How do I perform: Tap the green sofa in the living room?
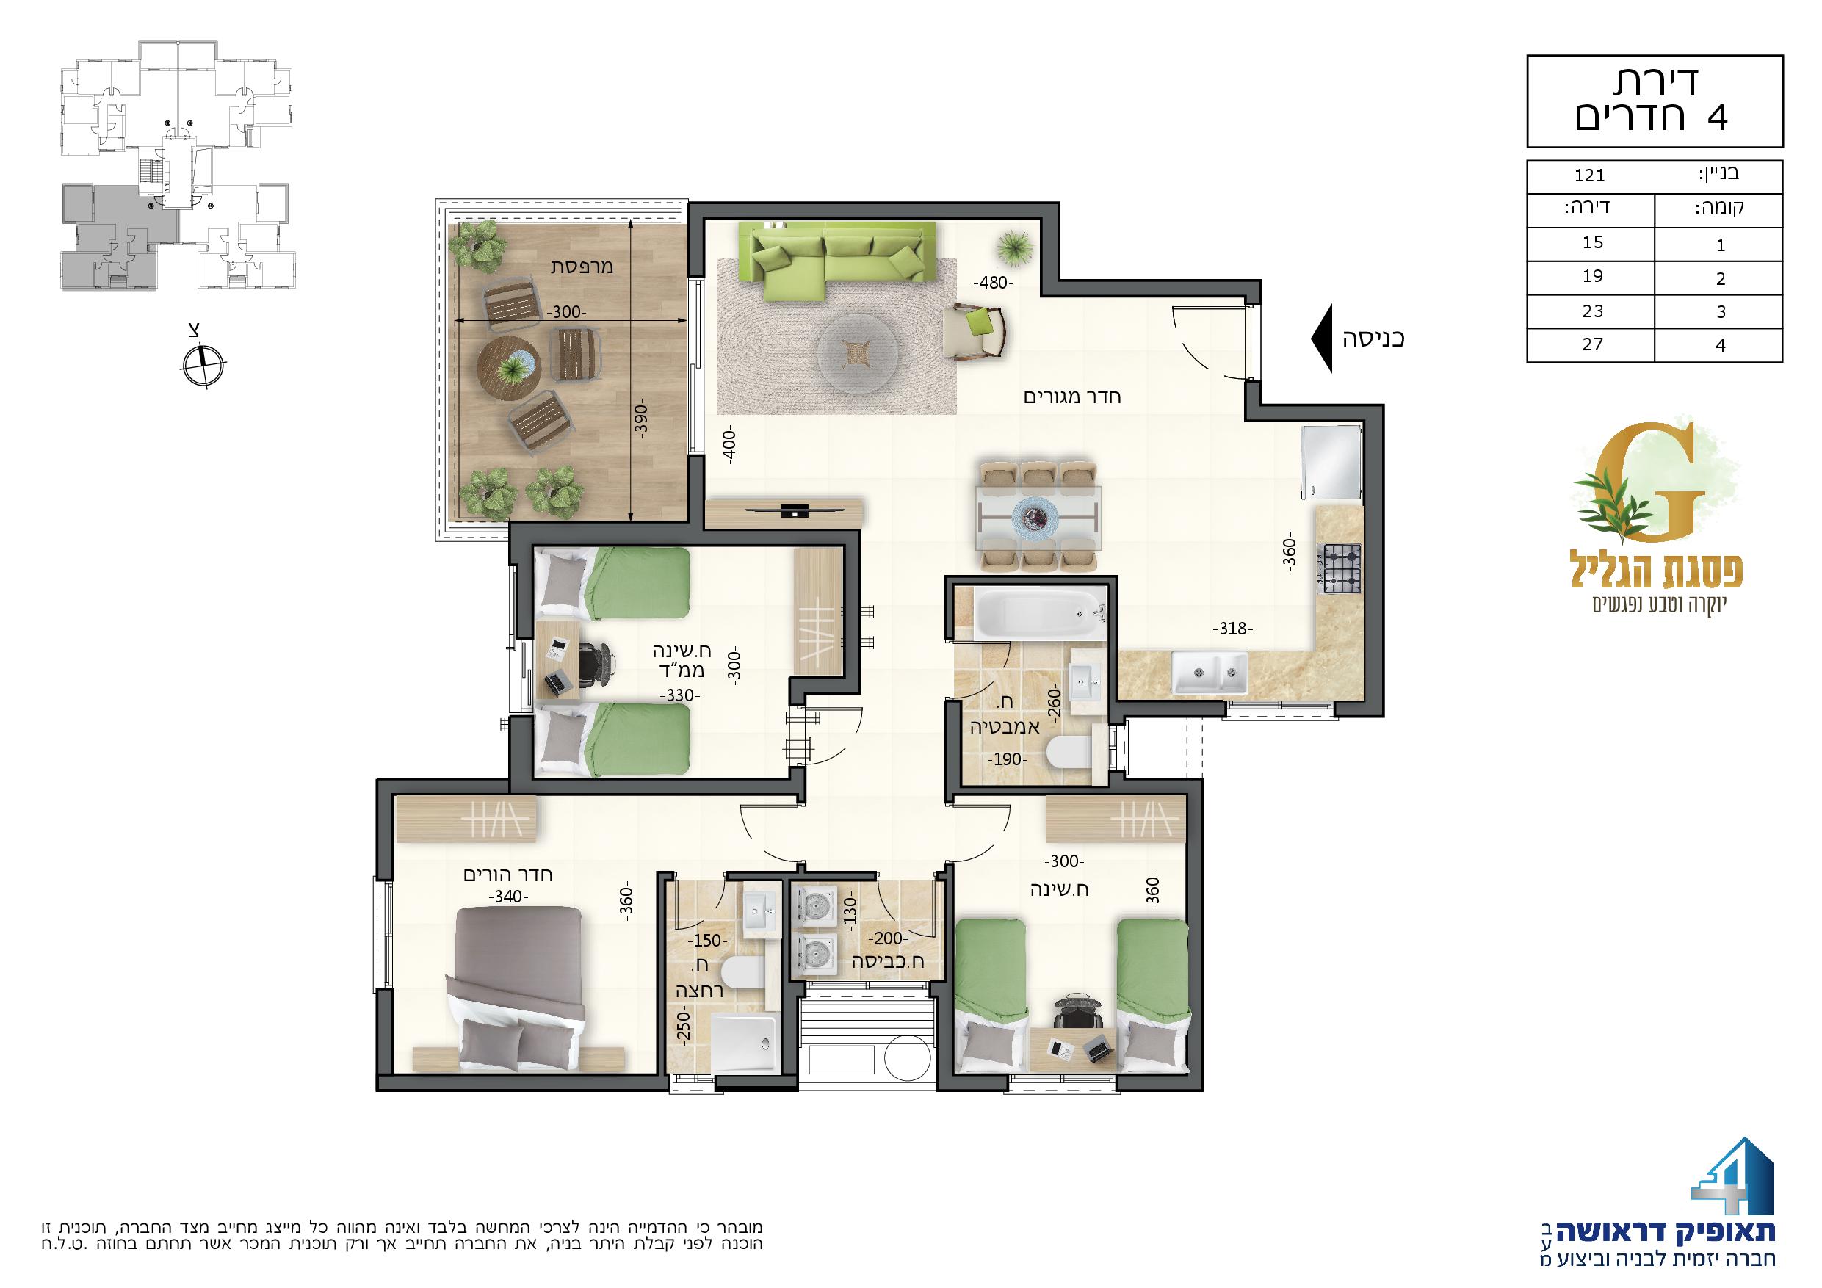click(836, 253)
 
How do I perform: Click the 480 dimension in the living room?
click(994, 283)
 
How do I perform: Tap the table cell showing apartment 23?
click(1592, 311)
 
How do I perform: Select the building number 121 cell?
click(1589, 176)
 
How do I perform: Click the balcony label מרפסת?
click(582, 265)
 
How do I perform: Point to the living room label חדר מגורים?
click(1072, 396)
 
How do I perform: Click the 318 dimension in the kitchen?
click(1232, 629)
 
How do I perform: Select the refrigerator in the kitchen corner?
click(1331, 463)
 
